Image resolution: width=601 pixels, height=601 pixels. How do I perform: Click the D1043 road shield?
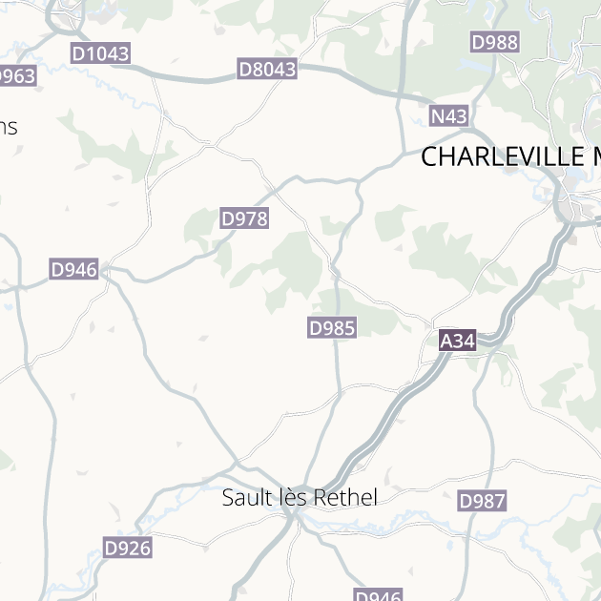tap(100, 53)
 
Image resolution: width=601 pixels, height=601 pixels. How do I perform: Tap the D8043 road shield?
tap(267, 69)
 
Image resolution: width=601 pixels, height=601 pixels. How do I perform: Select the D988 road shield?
tap(494, 42)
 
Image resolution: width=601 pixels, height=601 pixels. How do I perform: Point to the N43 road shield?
tap(449, 116)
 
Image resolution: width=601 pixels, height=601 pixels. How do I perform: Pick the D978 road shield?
tap(244, 218)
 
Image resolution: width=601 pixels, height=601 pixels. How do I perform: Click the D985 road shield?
tap(332, 328)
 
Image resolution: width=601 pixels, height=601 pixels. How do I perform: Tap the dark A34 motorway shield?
tap(457, 341)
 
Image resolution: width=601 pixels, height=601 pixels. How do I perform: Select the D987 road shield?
tap(482, 501)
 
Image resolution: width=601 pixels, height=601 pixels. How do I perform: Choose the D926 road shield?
tap(127, 548)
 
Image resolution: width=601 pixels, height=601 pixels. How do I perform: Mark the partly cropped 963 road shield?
tap(17, 76)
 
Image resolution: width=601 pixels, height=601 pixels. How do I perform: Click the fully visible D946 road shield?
tap(74, 270)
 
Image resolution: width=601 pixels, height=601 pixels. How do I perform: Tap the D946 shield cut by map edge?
tap(378, 595)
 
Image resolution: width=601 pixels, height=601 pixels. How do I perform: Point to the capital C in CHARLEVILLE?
tap(429, 156)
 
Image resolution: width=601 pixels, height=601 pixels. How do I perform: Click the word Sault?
tap(243, 497)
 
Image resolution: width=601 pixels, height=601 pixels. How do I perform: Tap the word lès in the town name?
tap(284, 497)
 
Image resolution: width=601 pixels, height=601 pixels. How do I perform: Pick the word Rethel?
tap(342, 497)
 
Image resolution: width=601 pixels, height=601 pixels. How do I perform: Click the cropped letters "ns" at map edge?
tap(9, 127)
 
